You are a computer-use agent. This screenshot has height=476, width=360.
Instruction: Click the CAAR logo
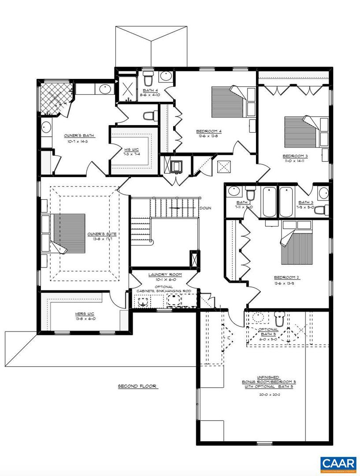338,464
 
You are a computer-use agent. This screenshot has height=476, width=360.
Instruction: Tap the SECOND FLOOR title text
137,387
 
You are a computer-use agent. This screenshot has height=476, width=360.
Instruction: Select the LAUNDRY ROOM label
162,275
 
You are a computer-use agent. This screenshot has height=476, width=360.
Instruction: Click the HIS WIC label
132,149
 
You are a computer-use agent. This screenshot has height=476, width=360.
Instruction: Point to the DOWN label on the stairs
204,208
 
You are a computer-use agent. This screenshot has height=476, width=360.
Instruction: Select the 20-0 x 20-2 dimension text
266,395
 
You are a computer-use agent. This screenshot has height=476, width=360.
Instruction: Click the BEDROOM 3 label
295,156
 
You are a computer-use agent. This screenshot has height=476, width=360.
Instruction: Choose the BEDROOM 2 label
286,277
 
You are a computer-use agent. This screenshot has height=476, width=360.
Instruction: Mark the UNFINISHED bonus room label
266,378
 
